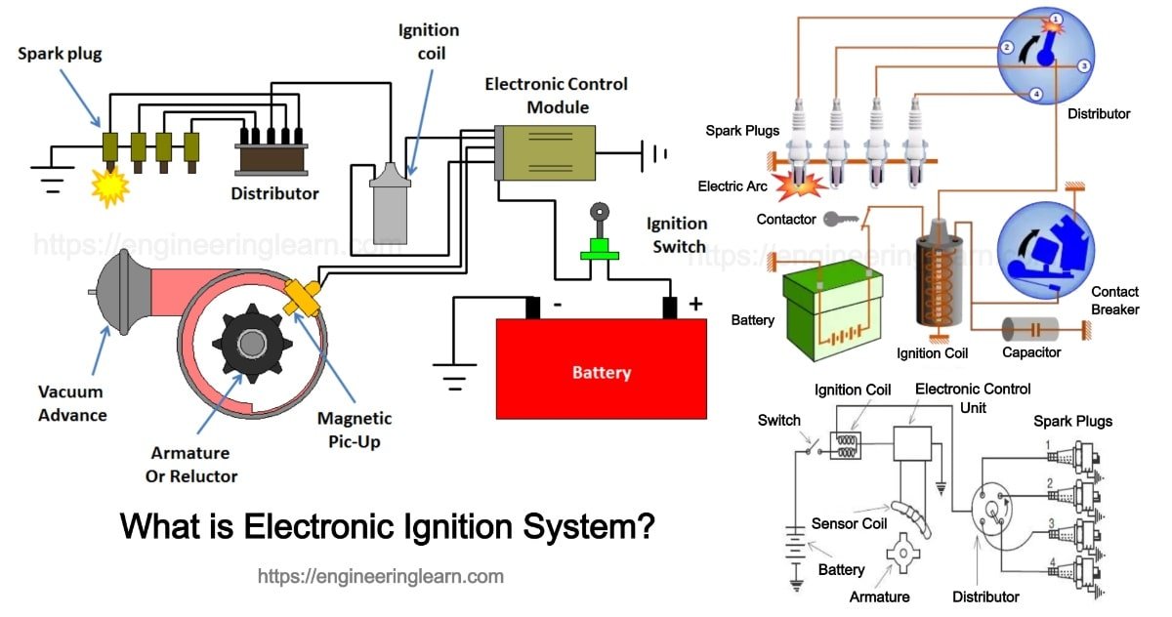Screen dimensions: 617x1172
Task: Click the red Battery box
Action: tap(601, 369)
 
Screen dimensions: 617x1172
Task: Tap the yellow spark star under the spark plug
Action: tap(109, 185)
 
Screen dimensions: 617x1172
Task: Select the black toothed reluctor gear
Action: tap(252, 344)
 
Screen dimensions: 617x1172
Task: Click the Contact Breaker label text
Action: tap(1114, 301)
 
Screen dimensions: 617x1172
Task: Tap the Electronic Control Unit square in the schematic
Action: tap(914, 443)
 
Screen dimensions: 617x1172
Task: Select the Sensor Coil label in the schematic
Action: tap(849, 523)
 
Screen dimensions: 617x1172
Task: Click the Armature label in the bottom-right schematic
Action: tap(879, 596)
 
